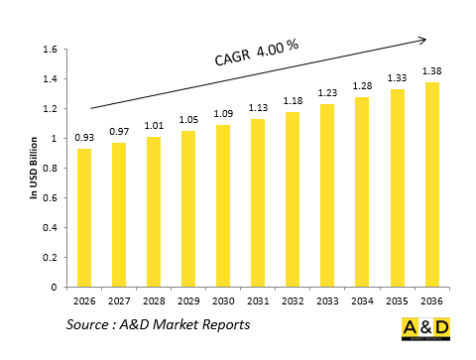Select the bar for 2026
click(83, 217)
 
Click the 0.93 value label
click(83, 136)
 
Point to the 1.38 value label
click(431, 70)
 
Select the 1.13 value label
click(257, 108)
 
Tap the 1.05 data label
click(187, 119)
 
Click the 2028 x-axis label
click(153, 301)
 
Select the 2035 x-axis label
click(397, 301)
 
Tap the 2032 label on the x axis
click(292, 301)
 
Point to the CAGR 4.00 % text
click(257, 53)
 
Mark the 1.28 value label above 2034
click(361, 85)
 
